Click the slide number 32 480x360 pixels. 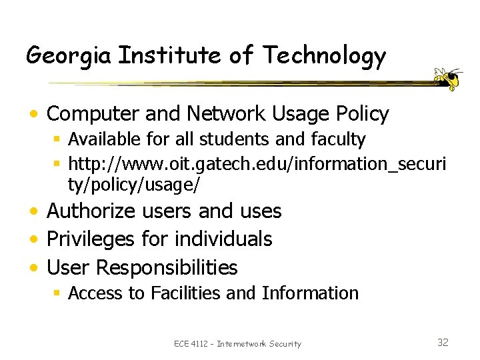click(x=443, y=343)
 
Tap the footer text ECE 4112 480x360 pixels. click(x=192, y=344)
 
